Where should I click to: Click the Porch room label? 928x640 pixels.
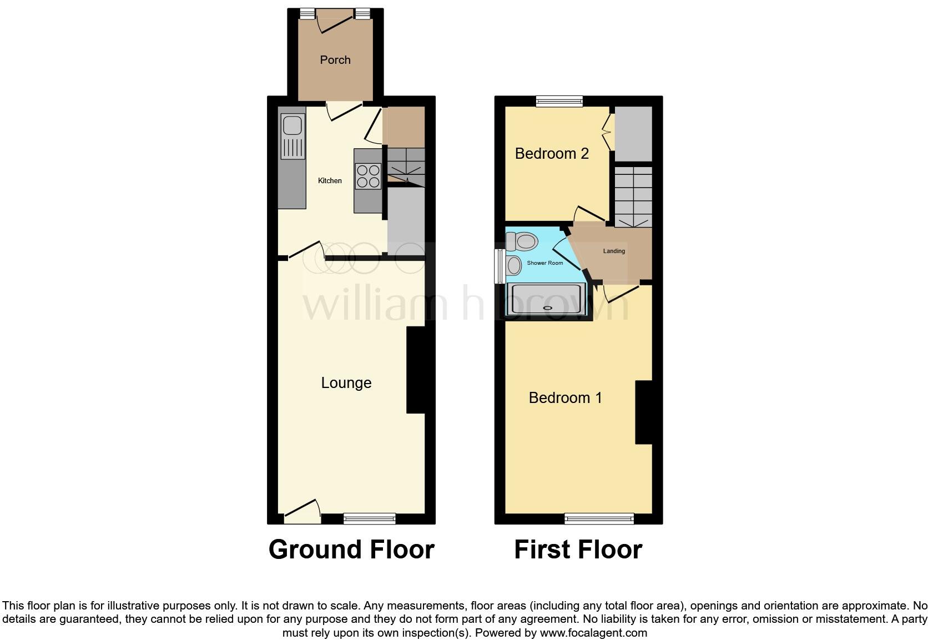coord(335,60)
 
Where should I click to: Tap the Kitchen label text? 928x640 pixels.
coord(330,180)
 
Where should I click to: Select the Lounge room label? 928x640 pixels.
coord(346,383)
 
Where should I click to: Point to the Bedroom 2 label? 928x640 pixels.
coord(552,154)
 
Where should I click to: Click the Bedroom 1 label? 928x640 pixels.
coord(565,398)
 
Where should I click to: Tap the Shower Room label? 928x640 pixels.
coord(544,263)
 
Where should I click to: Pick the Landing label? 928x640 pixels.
coord(614,251)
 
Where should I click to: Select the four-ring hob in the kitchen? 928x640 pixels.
coord(368,176)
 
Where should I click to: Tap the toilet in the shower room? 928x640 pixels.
coord(521,241)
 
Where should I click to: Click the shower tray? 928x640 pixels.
coord(547,300)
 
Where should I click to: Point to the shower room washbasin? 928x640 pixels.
coord(513,265)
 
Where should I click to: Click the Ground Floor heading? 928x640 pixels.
coord(351,550)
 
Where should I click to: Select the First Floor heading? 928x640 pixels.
coord(578,550)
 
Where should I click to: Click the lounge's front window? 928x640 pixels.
coord(369,518)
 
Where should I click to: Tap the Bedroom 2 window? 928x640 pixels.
coord(559,101)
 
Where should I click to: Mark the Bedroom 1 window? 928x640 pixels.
coord(599,518)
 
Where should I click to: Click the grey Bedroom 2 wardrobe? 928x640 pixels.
coord(633,134)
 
